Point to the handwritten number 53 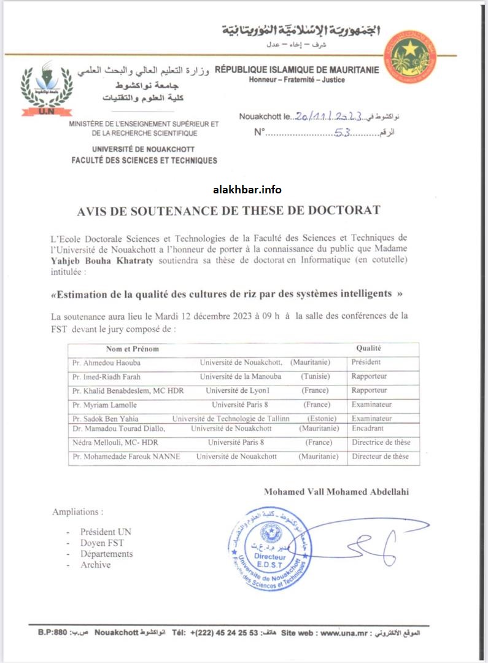click(342, 132)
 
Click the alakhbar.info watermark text click(247, 190)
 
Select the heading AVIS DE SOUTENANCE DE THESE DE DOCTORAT click(228, 211)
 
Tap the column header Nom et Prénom click(133, 349)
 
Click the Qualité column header click(369, 349)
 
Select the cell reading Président click(366, 362)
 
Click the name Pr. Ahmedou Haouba click(106, 363)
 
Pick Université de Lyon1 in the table click(236, 390)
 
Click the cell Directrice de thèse click(381, 442)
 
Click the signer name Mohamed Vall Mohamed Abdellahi click(336, 492)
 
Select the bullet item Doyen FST click(102, 543)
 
